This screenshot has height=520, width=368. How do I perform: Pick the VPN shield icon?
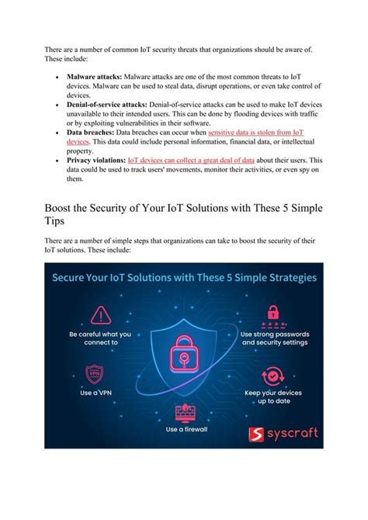pyautogui.click(x=93, y=374)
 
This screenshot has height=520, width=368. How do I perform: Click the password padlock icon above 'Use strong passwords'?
pyautogui.click(x=273, y=313)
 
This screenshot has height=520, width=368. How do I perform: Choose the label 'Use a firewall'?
pyautogui.click(x=184, y=429)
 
